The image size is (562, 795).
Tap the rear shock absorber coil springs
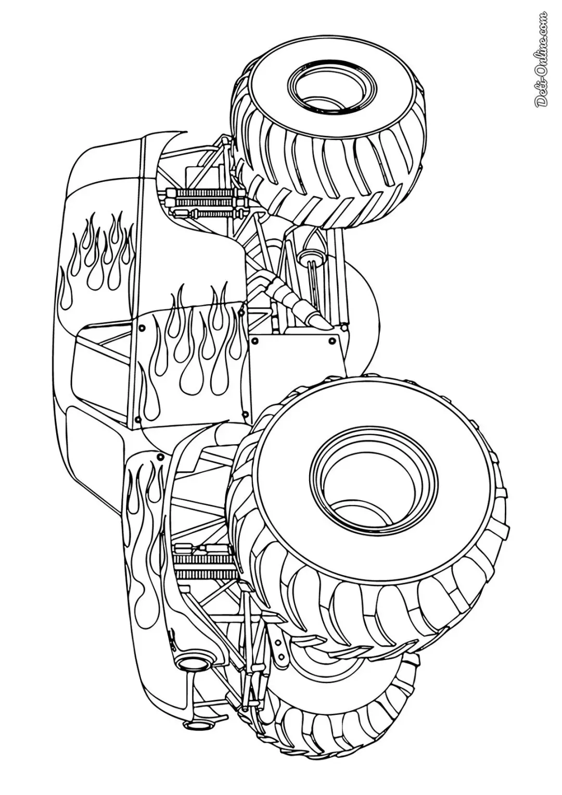(202, 203)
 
